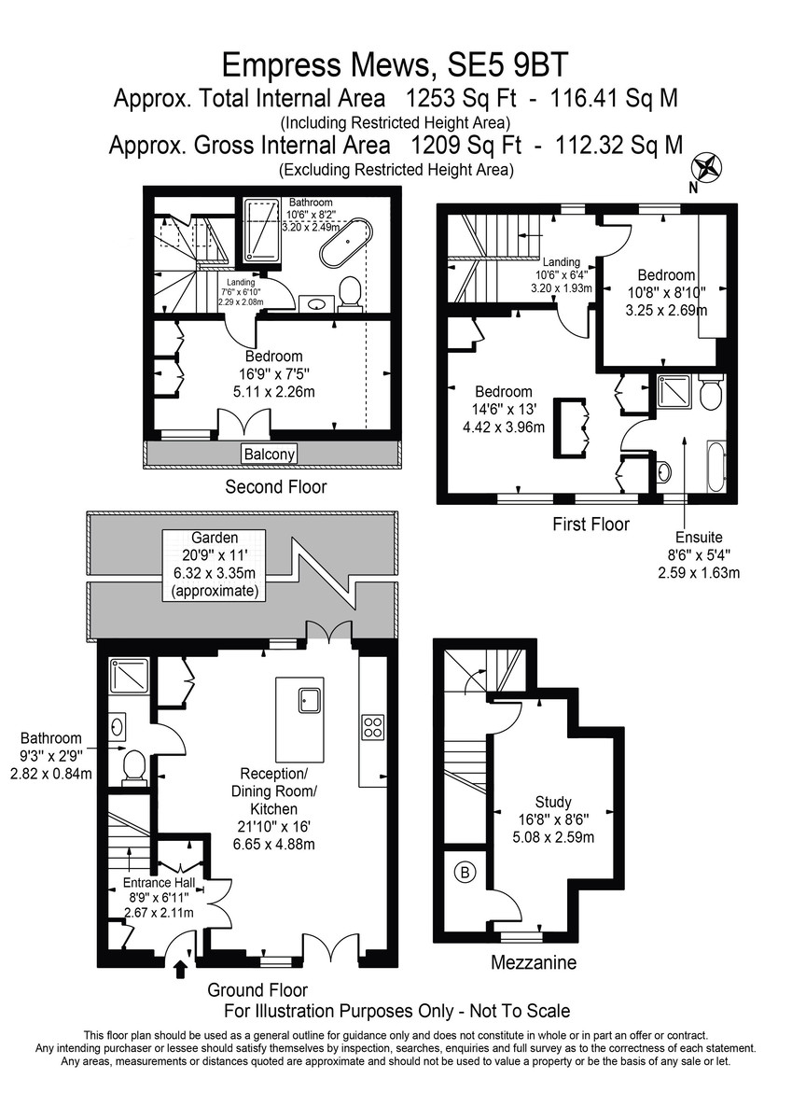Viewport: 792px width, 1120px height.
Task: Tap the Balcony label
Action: click(269, 454)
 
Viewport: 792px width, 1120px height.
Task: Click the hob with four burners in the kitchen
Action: click(373, 727)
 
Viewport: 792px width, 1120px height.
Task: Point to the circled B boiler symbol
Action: click(465, 873)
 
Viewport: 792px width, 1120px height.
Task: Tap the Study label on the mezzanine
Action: click(553, 802)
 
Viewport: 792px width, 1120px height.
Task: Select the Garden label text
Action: click(215, 538)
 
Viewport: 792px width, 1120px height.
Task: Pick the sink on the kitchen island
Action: click(311, 699)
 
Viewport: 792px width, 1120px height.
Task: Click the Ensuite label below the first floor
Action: click(699, 537)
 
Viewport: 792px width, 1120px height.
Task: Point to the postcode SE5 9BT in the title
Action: click(507, 64)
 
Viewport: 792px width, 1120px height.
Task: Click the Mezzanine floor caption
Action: click(534, 962)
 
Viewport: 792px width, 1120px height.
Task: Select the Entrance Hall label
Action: click(159, 883)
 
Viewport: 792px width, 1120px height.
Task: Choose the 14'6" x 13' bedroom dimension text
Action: click(504, 410)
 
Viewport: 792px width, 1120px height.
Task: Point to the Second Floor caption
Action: click(276, 486)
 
